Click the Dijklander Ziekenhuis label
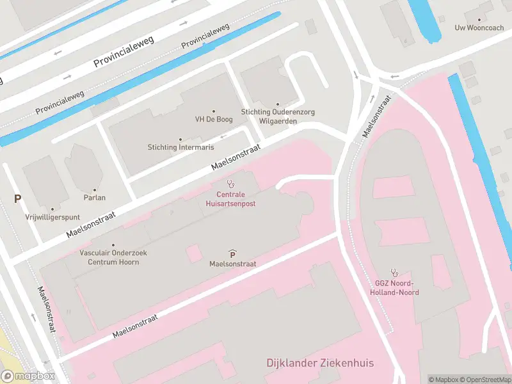[320, 364]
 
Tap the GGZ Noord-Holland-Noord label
[394, 288]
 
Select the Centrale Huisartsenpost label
[231, 198]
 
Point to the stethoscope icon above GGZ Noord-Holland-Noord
[395, 272]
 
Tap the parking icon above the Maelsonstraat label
[232, 254]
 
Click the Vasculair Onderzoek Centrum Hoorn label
[113, 257]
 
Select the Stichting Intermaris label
[180, 147]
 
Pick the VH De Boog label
[213, 119]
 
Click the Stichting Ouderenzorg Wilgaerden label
[278, 116]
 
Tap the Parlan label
[94, 198]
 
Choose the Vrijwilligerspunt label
[52, 217]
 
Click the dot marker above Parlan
[94, 189]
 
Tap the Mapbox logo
[27, 376]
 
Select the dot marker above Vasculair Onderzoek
[113, 244]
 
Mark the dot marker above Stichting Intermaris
[180, 139]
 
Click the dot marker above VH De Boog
[213, 111]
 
